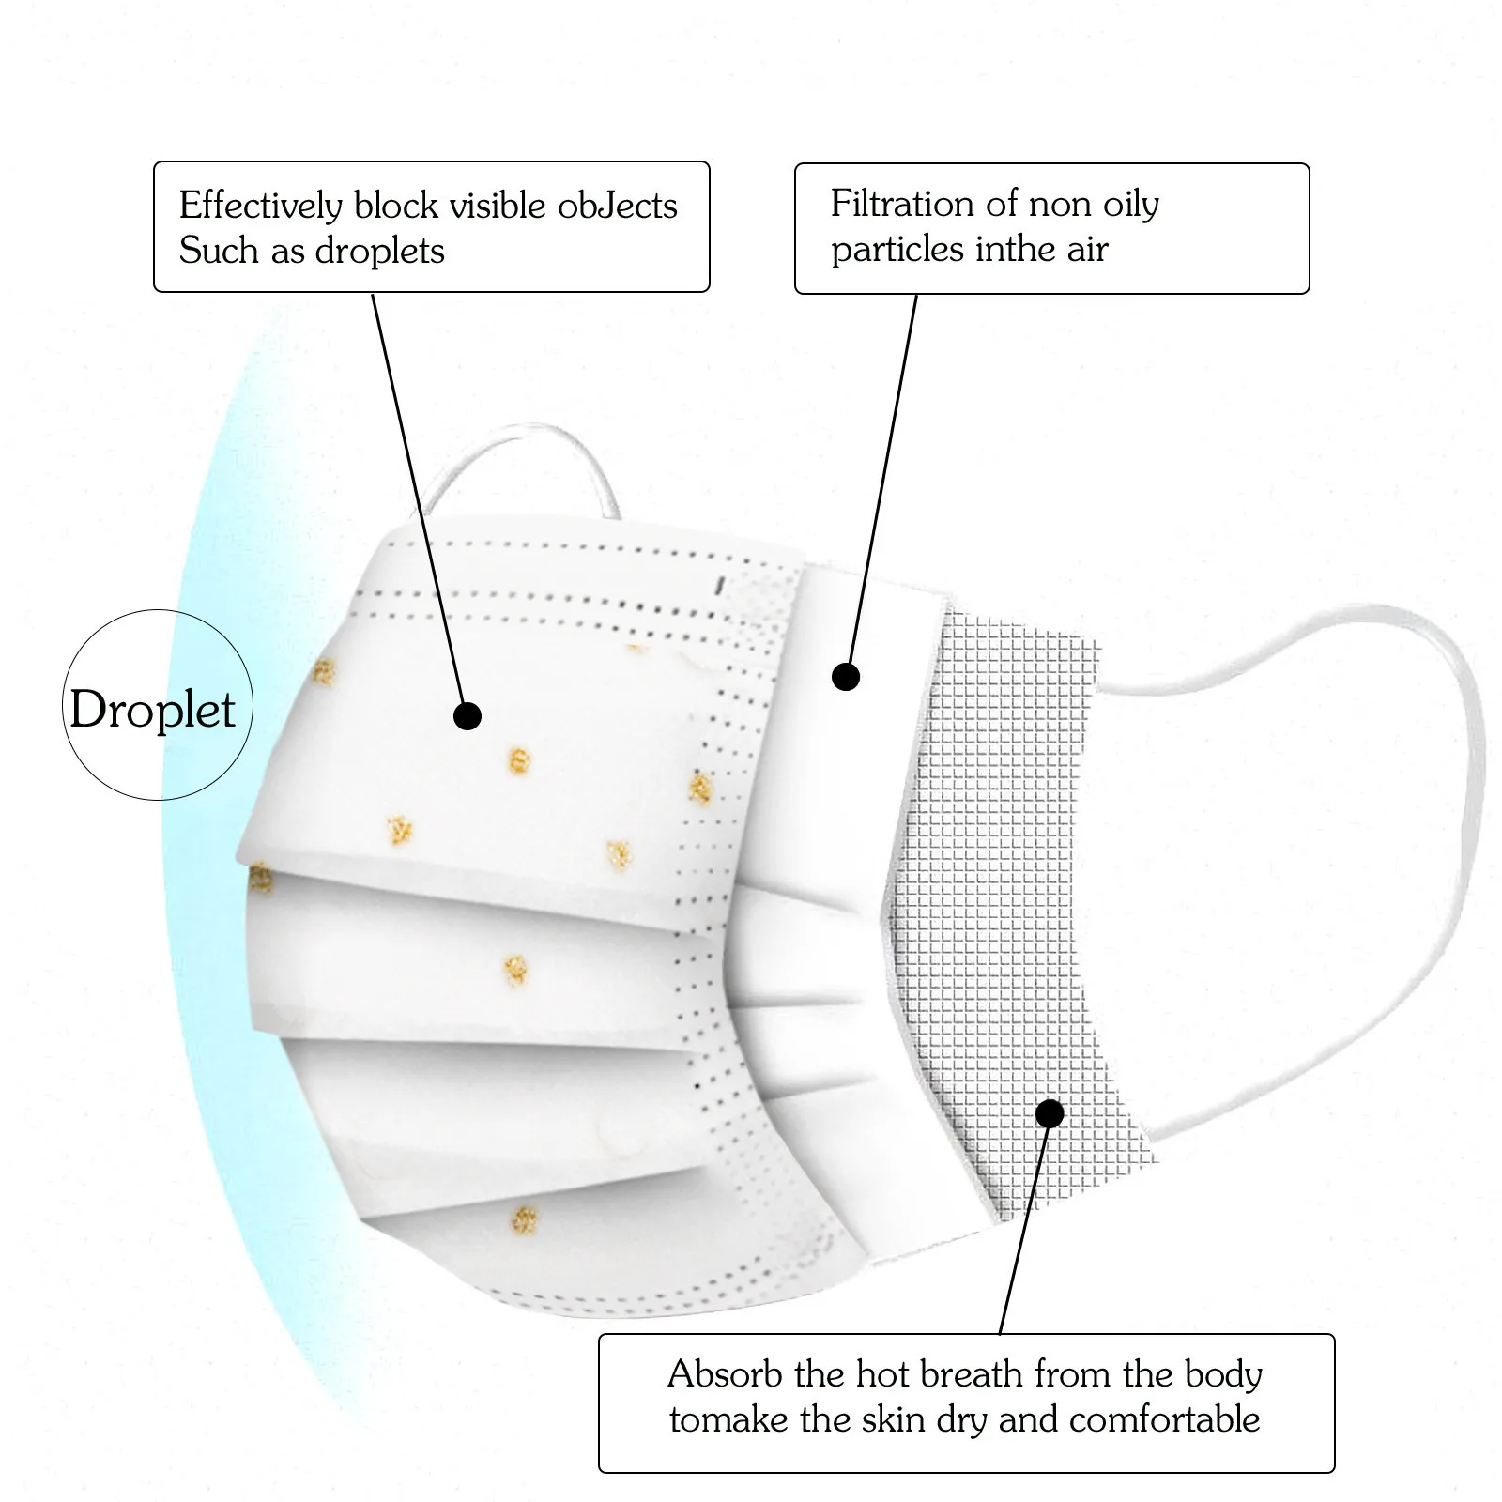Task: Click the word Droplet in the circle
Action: tap(152, 710)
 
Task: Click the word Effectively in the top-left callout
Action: tap(261, 207)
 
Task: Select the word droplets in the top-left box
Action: tap(379, 252)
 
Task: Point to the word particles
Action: tap(897, 250)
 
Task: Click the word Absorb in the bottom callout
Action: tap(725, 1374)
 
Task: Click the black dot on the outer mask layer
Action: tap(467, 716)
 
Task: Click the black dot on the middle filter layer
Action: tap(846, 676)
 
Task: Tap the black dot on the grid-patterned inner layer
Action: tap(1050, 1114)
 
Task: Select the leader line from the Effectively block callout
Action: tap(418, 498)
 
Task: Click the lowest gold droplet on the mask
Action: tap(523, 1220)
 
